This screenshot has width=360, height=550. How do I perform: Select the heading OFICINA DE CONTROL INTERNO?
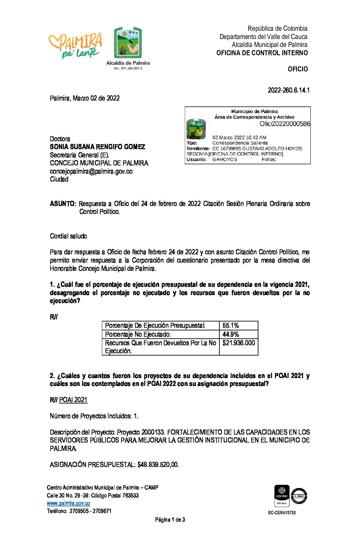coord(262,53)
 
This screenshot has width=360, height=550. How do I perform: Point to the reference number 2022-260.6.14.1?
coord(289,90)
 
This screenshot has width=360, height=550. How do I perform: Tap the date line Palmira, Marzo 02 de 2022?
coord(85,98)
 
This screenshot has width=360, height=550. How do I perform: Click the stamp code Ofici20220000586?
coord(285,124)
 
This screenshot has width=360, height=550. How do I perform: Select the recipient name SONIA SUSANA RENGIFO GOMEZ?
coord(97,147)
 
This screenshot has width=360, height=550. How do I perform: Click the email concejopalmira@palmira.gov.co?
coord(91,171)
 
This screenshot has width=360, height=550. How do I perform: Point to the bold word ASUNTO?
coord(63,204)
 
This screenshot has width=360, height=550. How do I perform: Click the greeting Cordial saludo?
coord(68,236)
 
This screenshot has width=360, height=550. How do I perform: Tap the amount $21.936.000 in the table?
coord(239,343)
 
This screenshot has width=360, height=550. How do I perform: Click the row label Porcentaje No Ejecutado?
coord(138,334)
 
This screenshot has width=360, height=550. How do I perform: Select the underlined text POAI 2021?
coord(73,400)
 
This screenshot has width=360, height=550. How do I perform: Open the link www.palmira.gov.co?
coord(68,503)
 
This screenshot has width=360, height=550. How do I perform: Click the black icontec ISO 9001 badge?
coord(282,495)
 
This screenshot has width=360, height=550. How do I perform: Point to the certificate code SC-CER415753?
coord(282,513)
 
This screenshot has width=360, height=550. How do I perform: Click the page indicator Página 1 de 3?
coord(170,520)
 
